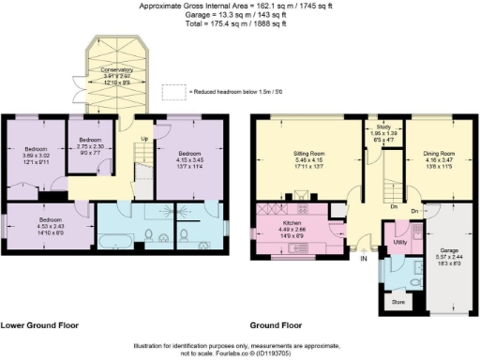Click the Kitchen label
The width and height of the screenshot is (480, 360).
[x=292, y=224]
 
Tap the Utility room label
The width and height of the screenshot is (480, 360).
[x=400, y=242]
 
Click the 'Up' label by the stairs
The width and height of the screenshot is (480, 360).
[x=142, y=139]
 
